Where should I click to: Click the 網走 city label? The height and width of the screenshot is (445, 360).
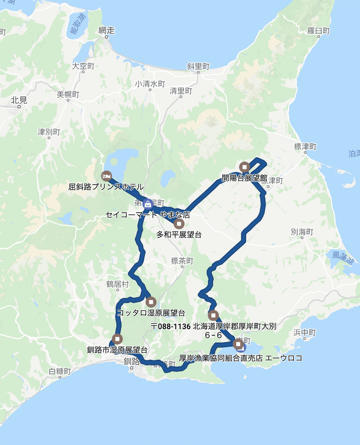(107, 31)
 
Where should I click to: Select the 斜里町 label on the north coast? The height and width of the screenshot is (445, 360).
(198, 66)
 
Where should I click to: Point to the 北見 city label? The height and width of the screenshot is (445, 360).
(19, 100)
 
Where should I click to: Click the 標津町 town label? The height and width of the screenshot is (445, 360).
(305, 147)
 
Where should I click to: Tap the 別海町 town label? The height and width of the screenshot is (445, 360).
(301, 232)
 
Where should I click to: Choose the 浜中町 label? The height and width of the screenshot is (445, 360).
(304, 333)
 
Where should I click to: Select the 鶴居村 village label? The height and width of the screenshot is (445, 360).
(117, 284)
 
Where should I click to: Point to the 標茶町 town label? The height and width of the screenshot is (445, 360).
(182, 261)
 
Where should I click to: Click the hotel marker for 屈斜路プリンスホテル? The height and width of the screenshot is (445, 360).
(106, 175)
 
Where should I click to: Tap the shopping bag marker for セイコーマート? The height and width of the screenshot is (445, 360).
(148, 204)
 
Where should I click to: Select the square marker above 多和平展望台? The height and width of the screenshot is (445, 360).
(179, 223)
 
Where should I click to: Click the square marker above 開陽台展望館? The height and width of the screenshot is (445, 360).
(244, 167)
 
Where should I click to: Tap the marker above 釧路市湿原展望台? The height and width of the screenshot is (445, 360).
(118, 339)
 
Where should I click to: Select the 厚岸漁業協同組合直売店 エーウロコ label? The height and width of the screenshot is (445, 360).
(247, 359)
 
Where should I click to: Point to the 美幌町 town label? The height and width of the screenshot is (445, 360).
(68, 95)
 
